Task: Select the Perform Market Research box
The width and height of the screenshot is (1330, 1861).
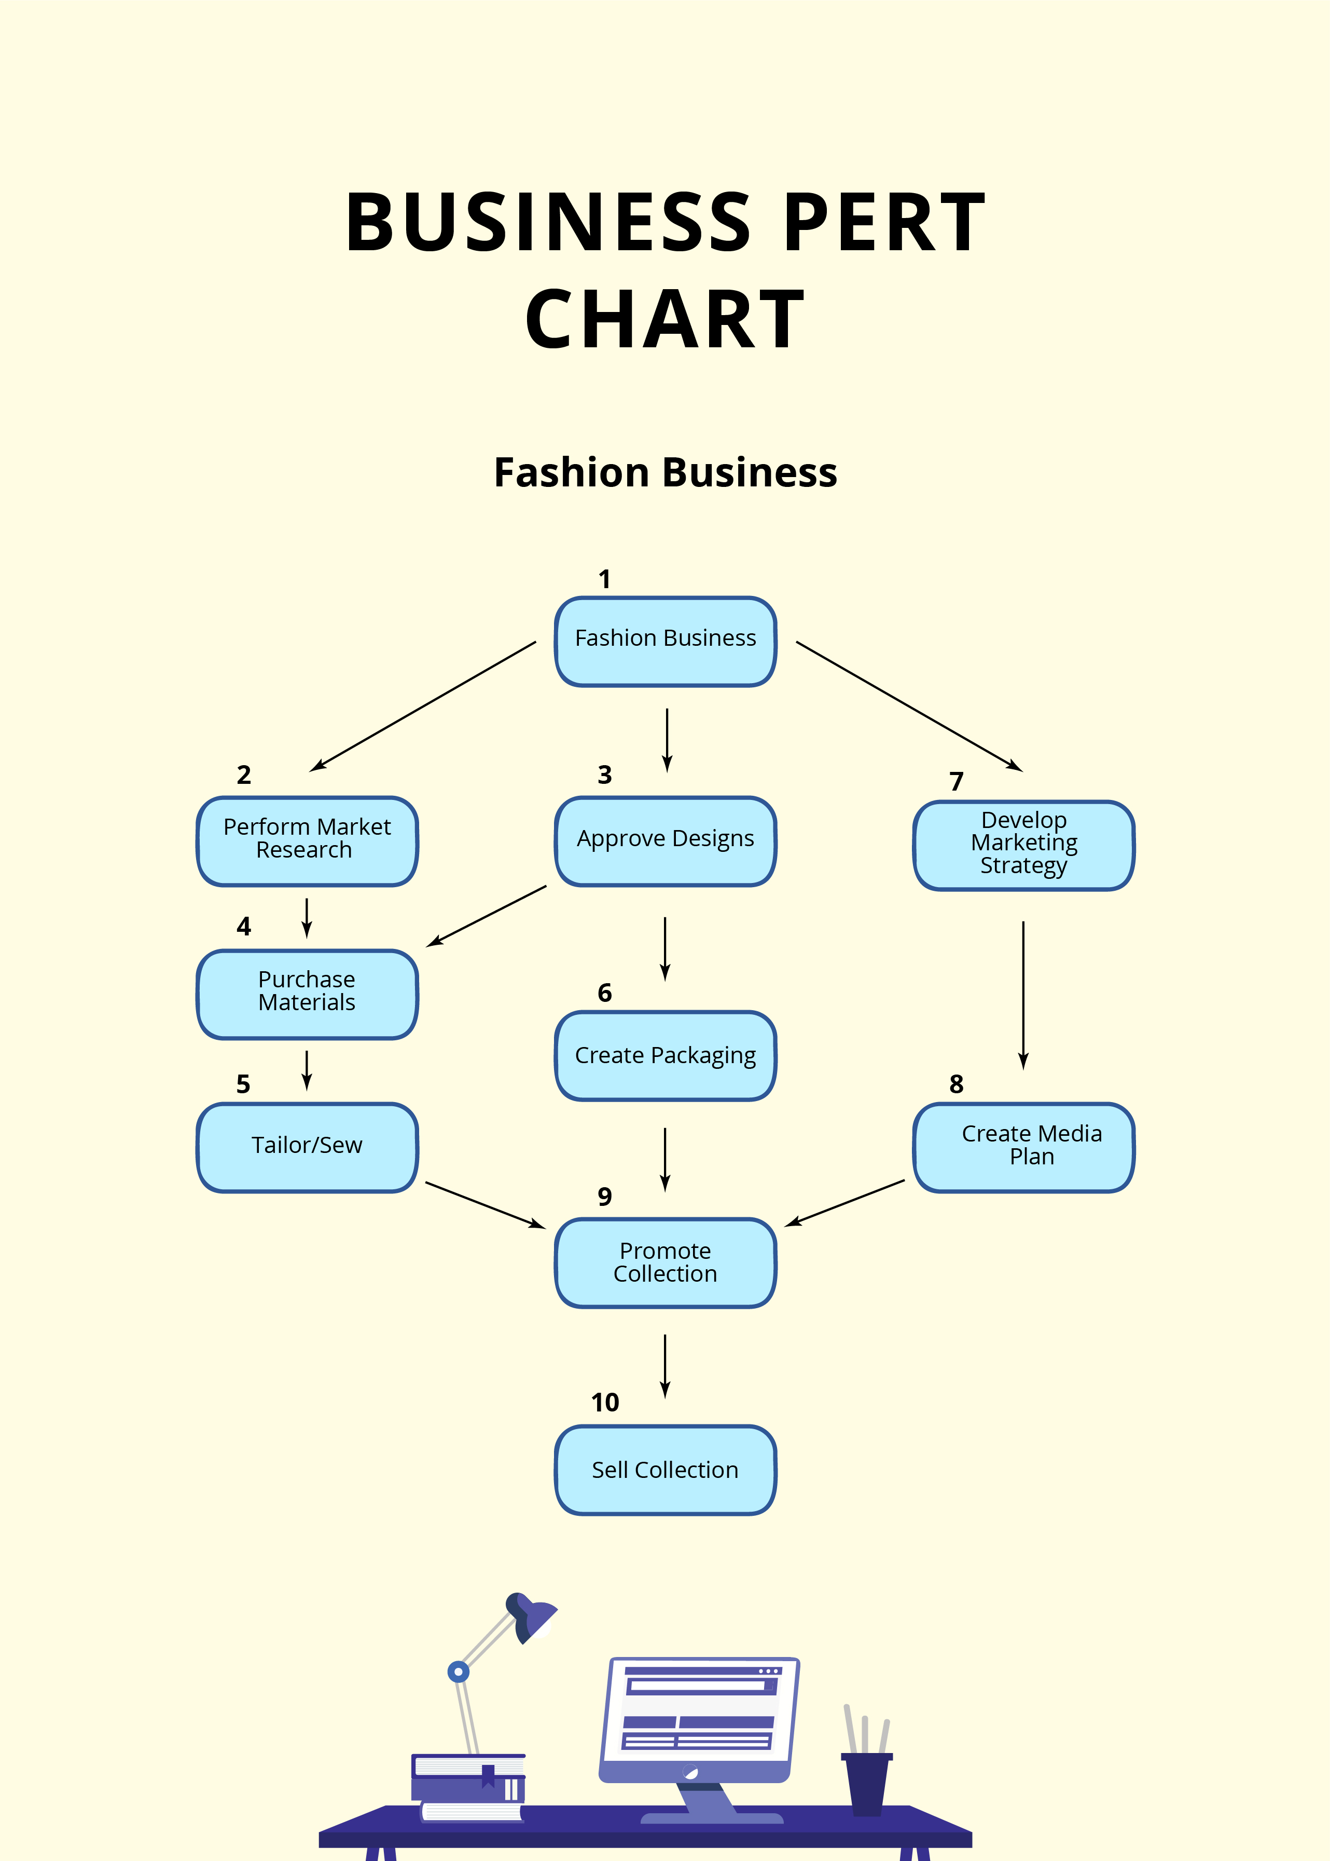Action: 307,841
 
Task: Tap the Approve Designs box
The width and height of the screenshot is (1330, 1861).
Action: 665,841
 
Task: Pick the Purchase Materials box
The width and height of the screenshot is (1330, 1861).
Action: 307,994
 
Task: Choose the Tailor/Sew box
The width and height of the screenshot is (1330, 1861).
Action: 307,1147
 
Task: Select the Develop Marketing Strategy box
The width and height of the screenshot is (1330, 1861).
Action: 1024,845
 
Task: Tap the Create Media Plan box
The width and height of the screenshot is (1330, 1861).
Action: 1024,1147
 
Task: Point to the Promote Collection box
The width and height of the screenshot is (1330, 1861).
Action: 665,1263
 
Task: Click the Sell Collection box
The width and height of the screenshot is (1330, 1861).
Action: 665,1470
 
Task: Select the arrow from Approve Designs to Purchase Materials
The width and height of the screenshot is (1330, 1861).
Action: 487,916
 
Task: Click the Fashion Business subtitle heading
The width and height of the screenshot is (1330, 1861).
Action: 665,473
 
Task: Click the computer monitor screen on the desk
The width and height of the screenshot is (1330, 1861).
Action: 699,1711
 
